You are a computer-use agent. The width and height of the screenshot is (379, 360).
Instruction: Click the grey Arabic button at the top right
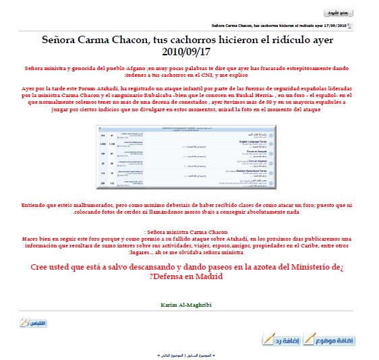[x=338, y=13]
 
